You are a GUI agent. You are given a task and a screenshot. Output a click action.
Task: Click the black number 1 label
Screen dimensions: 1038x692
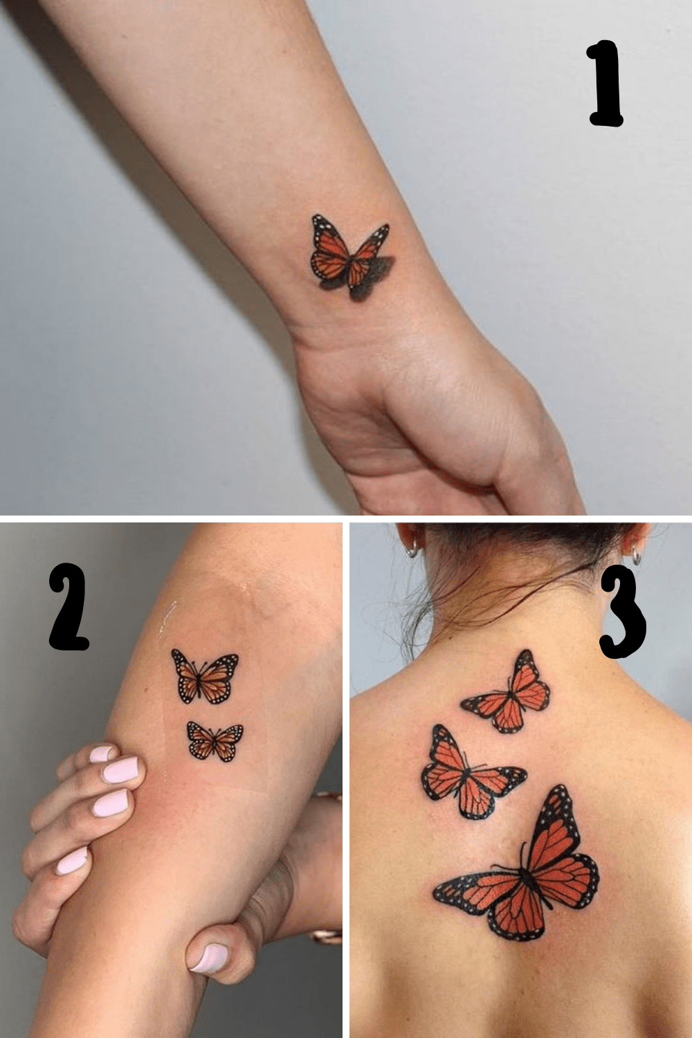tap(606, 84)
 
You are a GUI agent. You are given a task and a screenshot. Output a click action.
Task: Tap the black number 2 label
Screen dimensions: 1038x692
tap(69, 608)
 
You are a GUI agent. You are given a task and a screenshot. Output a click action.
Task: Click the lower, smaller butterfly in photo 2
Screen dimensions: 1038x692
tap(215, 741)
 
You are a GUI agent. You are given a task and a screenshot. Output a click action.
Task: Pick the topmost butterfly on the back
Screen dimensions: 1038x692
tap(509, 692)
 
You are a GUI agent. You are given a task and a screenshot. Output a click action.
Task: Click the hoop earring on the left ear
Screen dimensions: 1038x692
tap(412, 549)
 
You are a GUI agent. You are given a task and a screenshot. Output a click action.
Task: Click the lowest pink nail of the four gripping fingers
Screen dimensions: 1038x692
tap(72, 861)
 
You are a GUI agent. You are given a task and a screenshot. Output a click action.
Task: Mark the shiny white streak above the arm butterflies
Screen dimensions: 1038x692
tap(168, 617)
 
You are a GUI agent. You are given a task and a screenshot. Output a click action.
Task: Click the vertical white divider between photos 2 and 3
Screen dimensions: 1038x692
tap(346, 778)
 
